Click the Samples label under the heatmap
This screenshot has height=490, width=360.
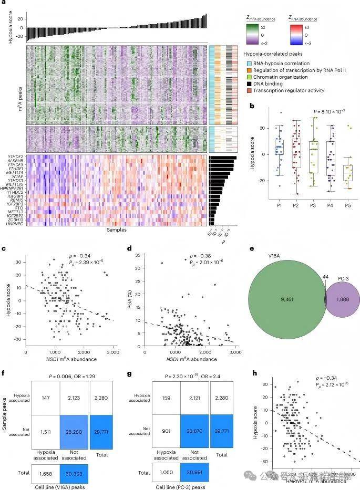click(116, 230)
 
